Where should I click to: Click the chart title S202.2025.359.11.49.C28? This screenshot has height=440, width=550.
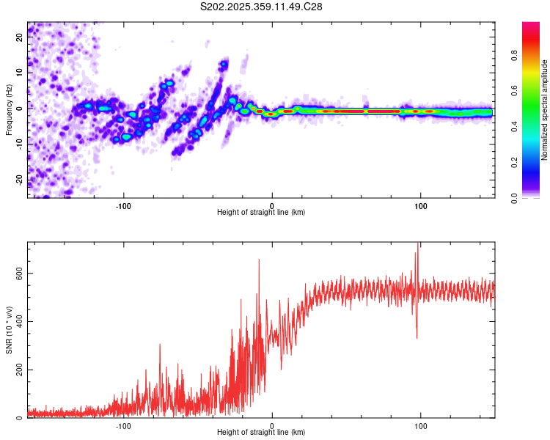pyautogui.click(x=262, y=7)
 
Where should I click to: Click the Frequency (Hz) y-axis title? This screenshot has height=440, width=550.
pyautogui.click(x=9, y=110)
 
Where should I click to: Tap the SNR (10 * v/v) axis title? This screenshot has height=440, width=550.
pyautogui.click(x=9, y=329)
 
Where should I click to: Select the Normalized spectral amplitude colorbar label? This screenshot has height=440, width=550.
pyautogui.click(x=545, y=110)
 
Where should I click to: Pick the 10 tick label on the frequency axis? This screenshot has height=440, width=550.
pyautogui.click(x=20, y=73)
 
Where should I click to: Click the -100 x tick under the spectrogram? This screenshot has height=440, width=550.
pyautogui.click(x=123, y=205)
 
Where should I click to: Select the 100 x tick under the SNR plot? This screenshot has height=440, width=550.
pyautogui.click(x=421, y=425)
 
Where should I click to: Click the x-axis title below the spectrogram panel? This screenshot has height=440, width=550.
pyautogui.click(x=261, y=213)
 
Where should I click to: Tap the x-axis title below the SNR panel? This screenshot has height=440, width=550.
pyautogui.click(x=261, y=433)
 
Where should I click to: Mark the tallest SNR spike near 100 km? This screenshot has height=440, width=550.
pyautogui.click(x=418, y=245)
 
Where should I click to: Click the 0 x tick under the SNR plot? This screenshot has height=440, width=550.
pyautogui.click(x=272, y=425)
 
